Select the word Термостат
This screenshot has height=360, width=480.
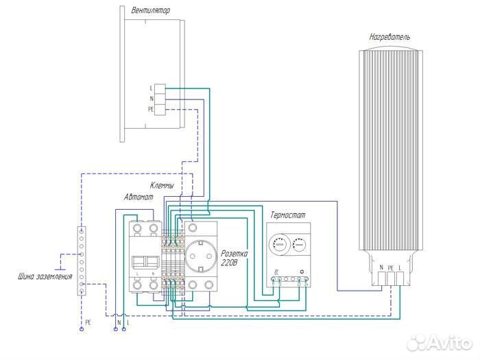[x=288, y=215]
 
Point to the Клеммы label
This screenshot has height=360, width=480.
[x=162, y=186]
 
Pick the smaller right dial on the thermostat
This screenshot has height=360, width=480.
[x=300, y=244]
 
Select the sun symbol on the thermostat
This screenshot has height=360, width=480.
[x=302, y=272]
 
